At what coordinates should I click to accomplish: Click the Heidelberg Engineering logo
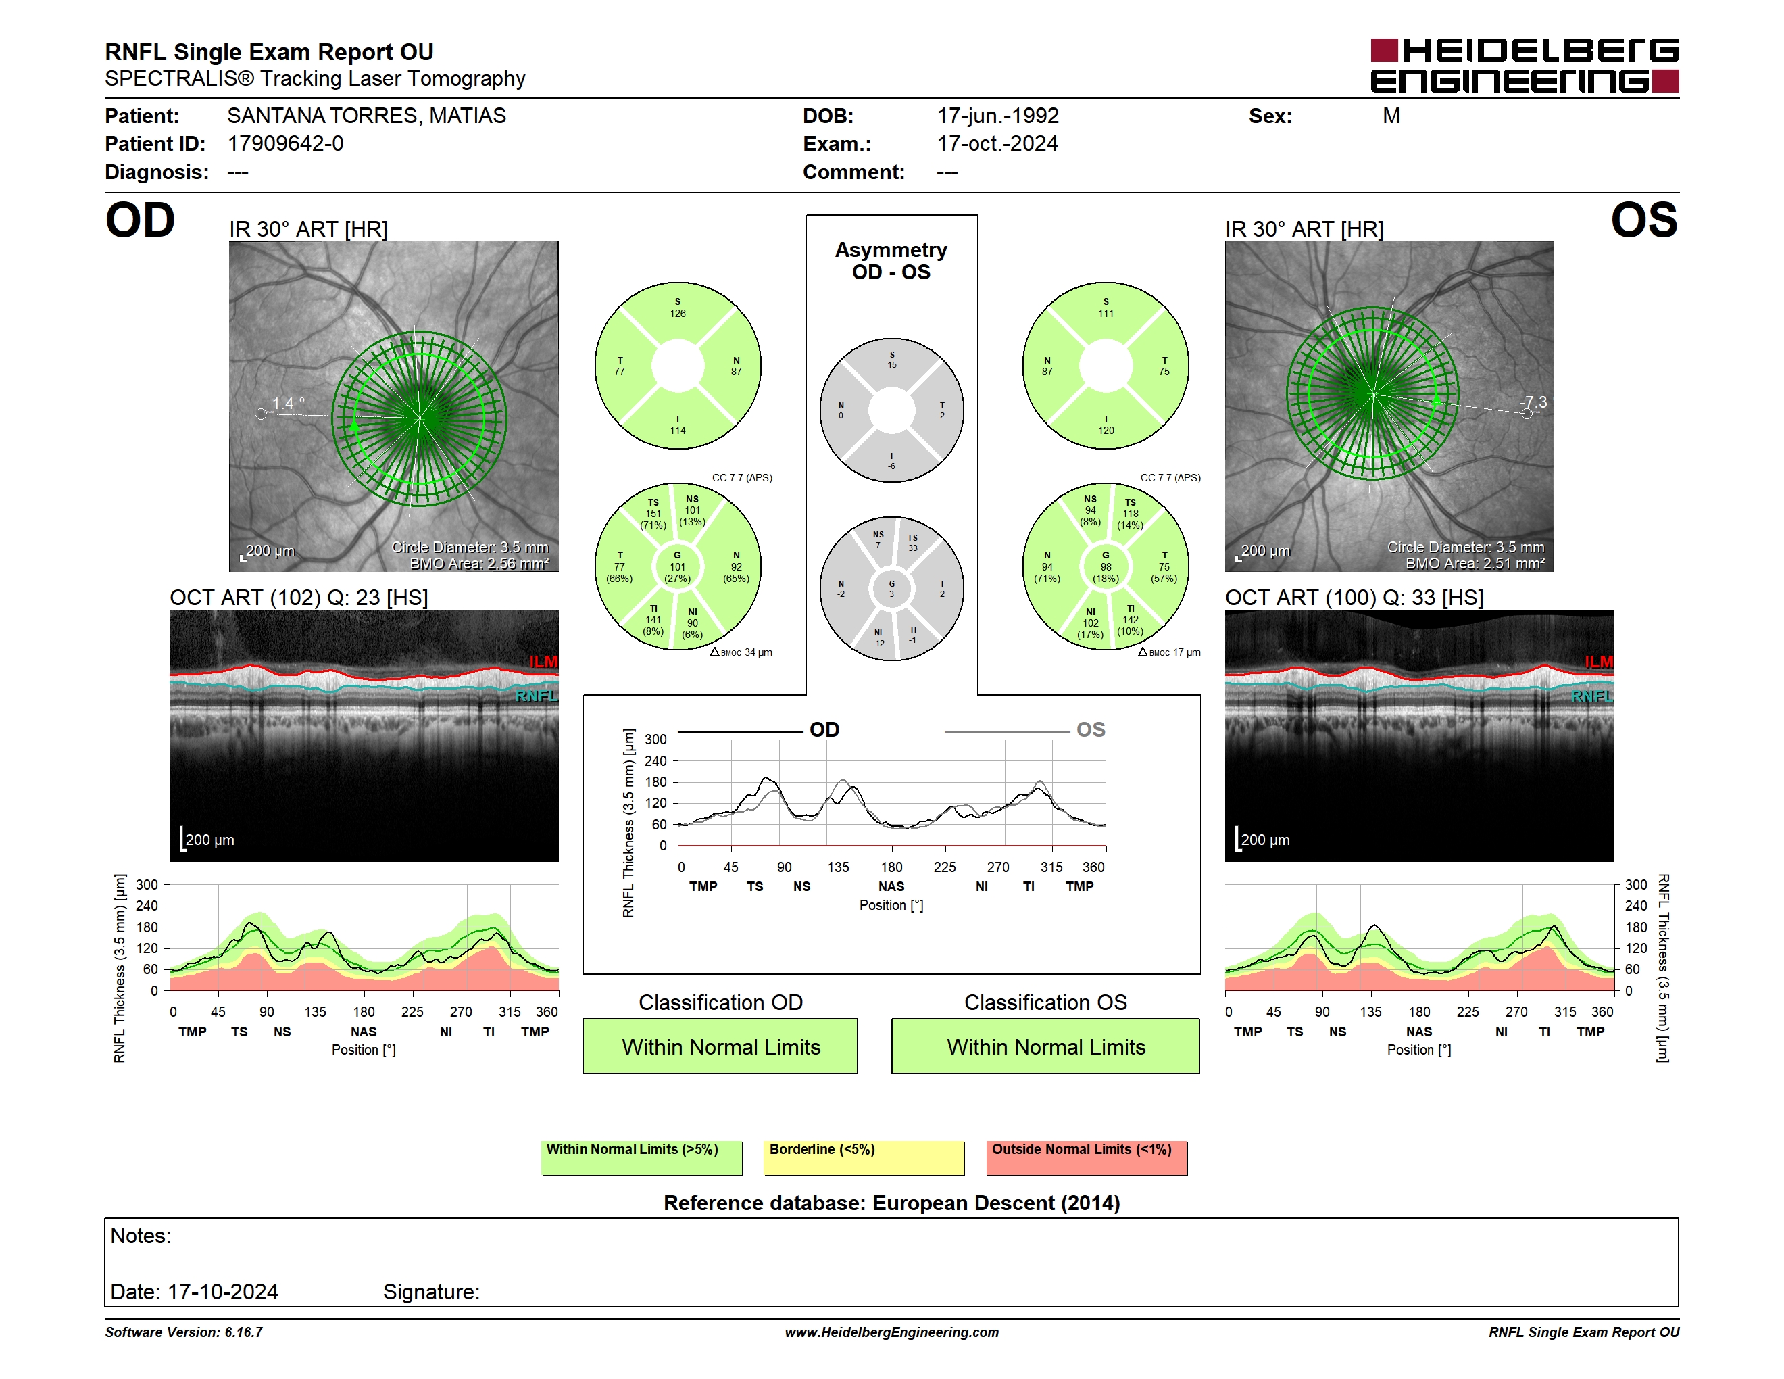pos(1525,66)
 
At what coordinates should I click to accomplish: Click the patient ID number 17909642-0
pos(285,144)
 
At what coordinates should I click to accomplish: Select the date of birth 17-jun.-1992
pos(997,116)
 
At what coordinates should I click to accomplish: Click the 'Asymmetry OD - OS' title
pos(891,261)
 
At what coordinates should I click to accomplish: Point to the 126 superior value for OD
pos(677,314)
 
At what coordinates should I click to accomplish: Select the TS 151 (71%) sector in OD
pos(653,514)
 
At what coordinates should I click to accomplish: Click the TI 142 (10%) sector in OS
pos(1130,620)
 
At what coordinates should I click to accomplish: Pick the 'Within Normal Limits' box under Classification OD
pos(720,1046)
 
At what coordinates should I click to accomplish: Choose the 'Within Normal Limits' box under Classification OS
pos(1045,1046)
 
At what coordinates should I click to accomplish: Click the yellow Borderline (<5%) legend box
pos(864,1157)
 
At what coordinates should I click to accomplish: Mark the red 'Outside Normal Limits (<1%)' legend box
pos(1087,1157)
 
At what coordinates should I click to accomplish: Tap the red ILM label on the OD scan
pos(543,662)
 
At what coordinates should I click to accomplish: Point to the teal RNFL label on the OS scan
pos(1592,696)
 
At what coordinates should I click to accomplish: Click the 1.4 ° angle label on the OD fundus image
pos(289,404)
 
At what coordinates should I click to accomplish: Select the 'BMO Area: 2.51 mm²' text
pos(1475,564)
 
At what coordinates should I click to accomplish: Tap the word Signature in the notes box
pos(430,1292)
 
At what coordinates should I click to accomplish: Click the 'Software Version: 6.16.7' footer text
pos(184,1332)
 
